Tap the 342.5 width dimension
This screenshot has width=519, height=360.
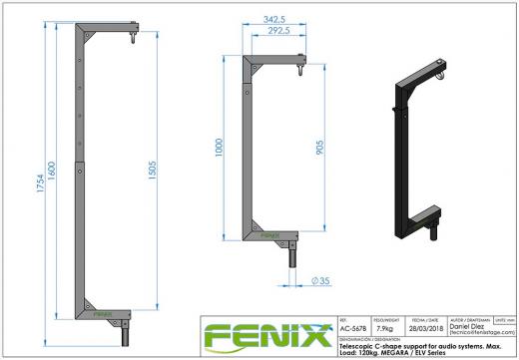(261, 18)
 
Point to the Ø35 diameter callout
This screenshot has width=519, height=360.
(321, 280)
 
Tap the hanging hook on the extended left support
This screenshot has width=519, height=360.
(131, 40)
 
